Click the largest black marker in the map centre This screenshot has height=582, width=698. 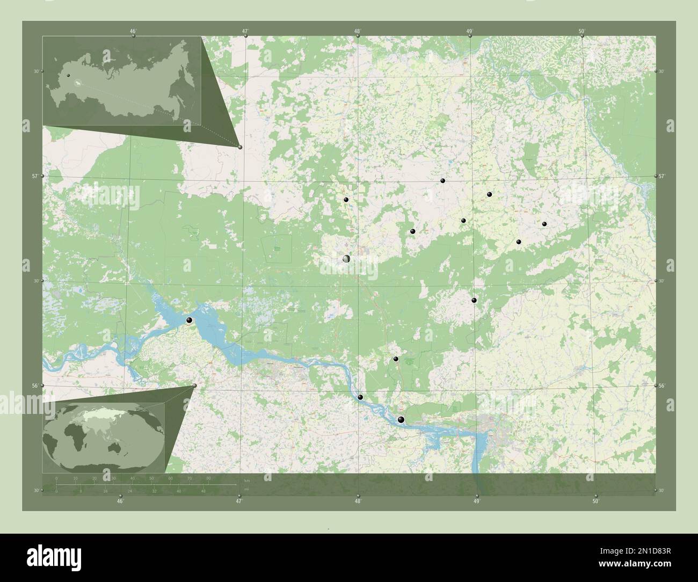(x=346, y=259)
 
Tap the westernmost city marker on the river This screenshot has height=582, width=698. (x=189, y=321)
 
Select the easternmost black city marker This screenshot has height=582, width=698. (x=544, y=224)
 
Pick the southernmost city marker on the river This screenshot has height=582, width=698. (x=401, y=420)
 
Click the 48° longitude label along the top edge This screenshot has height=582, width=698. (x=357, y=31)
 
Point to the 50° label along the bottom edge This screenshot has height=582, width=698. (x=595, y=501)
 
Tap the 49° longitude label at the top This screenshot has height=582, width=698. (x=469, y=31)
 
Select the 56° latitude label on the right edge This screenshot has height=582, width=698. (x=661, y=386)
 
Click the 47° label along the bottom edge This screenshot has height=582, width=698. (x=239, y=501)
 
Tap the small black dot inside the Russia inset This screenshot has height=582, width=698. (x=69, y=76)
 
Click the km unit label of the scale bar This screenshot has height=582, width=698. (x=246, y=480)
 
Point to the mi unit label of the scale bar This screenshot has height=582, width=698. (x=246, y=489)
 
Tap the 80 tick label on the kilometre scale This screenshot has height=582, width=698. (x=208, y=477)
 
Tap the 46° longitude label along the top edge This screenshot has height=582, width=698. (x=133, y=31)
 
